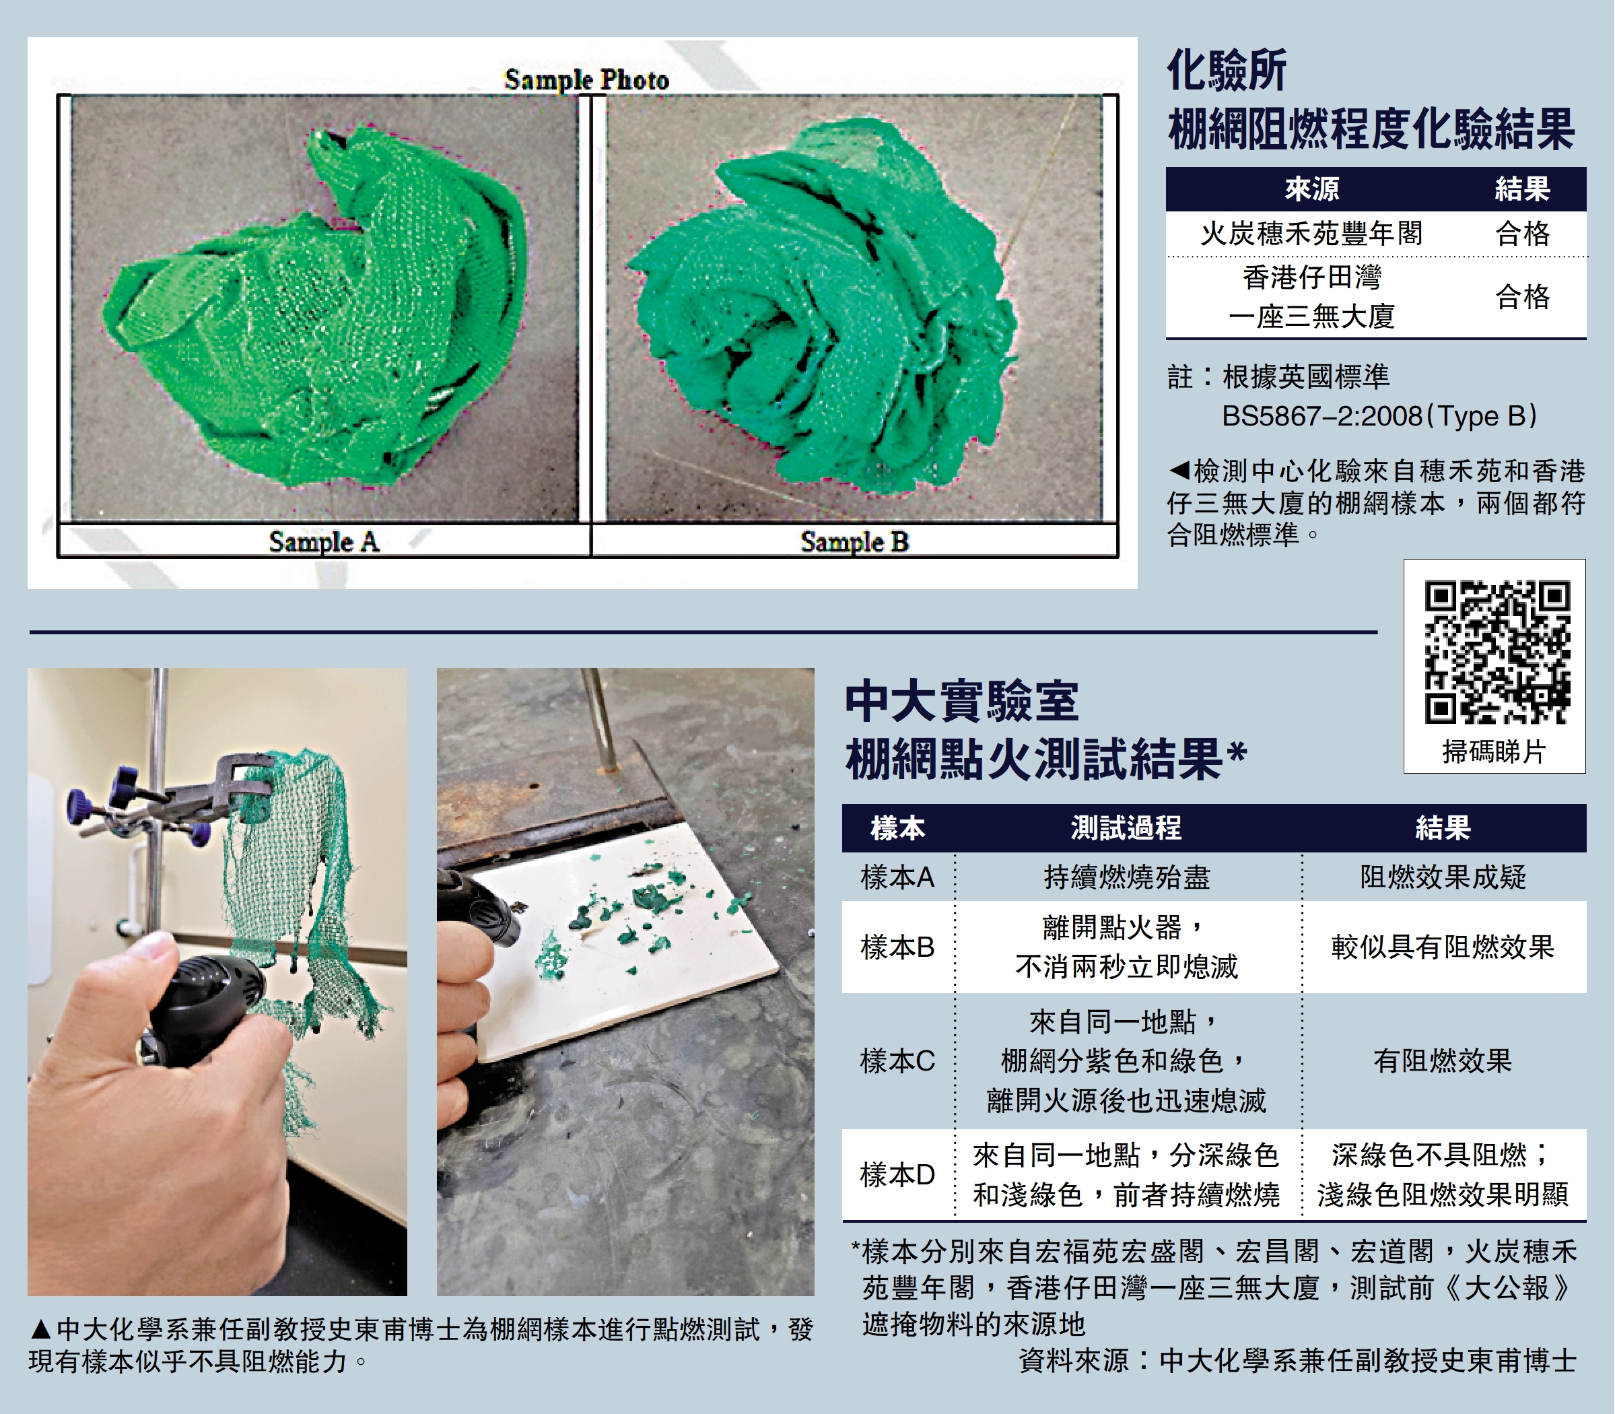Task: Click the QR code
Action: tap(1497, 652)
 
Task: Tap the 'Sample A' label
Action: tap(324, 541)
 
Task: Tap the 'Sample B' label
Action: tap(854, 541)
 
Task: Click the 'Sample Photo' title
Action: tap(587, 79)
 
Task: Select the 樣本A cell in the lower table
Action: tap(897, 877)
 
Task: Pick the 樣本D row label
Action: tap(897, 1175)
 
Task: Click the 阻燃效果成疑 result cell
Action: tap(1443, 877)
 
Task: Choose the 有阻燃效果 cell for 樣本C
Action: tap(1443, 1060)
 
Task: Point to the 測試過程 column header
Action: tap(1127, 828)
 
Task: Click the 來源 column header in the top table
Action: tap(1312, 189)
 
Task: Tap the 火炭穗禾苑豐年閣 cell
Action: tap(1312, 234)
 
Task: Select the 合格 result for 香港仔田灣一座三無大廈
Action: tap(1523, 297)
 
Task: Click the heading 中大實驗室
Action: tap(962, 701)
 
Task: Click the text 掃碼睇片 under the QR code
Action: tap(1494, 751)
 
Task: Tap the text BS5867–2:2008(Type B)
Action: tap(1379, 416)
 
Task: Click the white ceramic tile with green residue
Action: tap(623, 939)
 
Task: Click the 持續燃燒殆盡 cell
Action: tap(1127, 877)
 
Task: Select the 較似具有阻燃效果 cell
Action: tap(1443, 947)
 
